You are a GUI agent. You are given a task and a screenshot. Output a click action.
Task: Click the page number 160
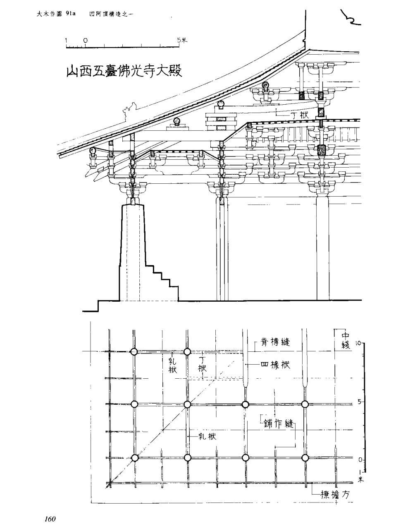coord(48,519)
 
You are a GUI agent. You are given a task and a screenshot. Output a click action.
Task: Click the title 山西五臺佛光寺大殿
coord(124,71)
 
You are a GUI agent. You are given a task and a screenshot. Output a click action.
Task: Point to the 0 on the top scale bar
coord(85,41)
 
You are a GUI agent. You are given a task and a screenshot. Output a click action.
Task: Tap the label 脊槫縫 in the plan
coord(276,342)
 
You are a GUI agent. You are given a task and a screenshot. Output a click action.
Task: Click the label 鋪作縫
coord(278,424)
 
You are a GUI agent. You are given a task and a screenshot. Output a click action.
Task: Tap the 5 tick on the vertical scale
coord(359,401)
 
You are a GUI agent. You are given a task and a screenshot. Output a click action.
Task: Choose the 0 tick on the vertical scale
coord(359,460)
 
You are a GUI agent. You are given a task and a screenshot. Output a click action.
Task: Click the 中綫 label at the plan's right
coord(345,340)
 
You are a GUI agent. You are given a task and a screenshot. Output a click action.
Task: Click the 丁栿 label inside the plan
coord(202,364)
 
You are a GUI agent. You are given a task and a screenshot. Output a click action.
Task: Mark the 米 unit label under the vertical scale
coord(360,480)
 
